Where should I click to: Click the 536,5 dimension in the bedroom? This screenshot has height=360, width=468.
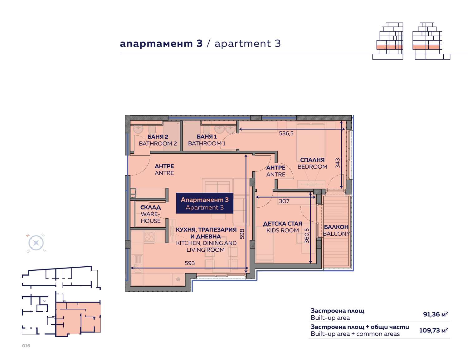point(286,133)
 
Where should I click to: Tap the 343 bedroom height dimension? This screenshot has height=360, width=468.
point(338,163)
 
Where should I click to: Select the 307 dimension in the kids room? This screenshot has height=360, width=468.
point(284,201)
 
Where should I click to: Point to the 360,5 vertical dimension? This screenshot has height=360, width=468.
point(307,236)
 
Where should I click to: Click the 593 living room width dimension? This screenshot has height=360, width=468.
point(190,263)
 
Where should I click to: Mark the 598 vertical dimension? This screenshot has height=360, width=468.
point(242,234)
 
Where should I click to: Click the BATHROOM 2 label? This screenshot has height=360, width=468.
point(158,144)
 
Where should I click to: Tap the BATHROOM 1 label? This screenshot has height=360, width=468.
point(207,144)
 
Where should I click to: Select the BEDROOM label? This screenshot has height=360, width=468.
point(312,167)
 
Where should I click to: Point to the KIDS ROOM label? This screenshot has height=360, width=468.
point(283,230)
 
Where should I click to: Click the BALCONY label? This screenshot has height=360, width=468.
point(336,234)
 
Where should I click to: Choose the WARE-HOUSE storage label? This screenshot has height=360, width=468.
point(151,218)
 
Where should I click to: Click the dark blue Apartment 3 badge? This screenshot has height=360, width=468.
point(205,203)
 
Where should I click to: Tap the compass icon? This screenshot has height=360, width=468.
point(36,243)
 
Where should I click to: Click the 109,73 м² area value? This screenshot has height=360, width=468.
point(434,330)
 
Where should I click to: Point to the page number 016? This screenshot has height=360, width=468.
point(26,346)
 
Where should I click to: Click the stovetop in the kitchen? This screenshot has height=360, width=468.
point(149,237)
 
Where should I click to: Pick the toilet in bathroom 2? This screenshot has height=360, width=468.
point(152,130)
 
